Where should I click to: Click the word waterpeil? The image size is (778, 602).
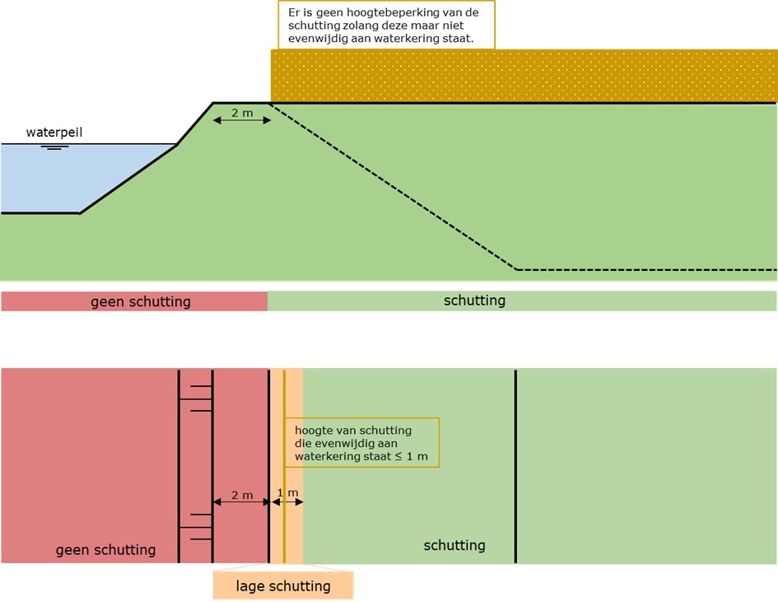click(x=54, y=132)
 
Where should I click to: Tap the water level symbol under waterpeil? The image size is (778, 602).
click(x=54, y=147)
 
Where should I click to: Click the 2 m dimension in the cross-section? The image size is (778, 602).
click(x=242, y=114)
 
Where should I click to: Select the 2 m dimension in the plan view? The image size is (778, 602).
click(x=241, y=497)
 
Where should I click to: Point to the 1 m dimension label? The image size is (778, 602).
click(x=287, y=493)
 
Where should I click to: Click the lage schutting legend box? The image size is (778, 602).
click(x=283, y=586)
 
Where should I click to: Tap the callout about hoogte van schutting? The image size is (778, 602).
click(x=361, y=443)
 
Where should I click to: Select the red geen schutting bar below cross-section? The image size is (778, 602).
click(x=134, y=301)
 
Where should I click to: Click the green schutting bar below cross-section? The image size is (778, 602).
click(x=521, y=301)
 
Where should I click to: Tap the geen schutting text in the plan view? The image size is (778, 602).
click(x=105, y=550)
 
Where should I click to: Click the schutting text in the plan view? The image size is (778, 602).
click(x=454, y=545)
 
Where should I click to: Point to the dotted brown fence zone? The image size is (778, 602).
click(x=524, y=77)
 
